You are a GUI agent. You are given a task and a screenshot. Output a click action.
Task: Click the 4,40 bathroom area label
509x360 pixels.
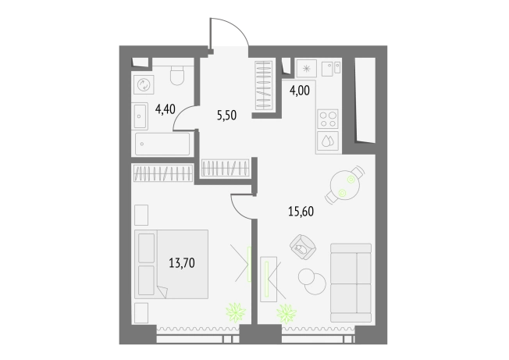click(x=166, y=109)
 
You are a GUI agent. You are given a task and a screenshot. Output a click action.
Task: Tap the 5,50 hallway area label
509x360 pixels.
click(x=226, y=116)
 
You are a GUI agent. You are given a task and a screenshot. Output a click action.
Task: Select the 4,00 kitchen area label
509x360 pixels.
click(x=299, y=91)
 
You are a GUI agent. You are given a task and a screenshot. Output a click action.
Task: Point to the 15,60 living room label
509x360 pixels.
click(x=301, y=212)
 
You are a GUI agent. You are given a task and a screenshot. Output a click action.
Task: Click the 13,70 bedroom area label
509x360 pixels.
click(x=182, y=262)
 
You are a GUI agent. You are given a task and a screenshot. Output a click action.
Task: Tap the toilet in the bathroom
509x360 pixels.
click(x=177, y=75)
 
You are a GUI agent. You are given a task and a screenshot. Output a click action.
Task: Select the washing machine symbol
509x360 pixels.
click(x=144, y=84)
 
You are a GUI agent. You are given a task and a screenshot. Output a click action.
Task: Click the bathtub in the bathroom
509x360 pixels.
click(x=162, y=144)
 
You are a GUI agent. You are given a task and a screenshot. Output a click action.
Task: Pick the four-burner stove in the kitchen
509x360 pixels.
click(x=328, y=119)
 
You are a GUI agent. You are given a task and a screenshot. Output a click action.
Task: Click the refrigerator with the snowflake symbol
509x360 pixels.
click(x=307, y=69)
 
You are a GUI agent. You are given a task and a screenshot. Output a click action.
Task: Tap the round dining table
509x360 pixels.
click(x=345, y=185)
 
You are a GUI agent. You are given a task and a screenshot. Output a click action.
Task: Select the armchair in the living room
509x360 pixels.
click(x=303, y=247)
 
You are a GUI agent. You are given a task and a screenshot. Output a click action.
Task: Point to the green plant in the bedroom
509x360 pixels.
click(x=236, y=312)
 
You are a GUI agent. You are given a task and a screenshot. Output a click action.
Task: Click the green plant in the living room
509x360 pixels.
click(x=287, y=314)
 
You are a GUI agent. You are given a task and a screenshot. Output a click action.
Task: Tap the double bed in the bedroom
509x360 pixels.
click(x=172, y=264)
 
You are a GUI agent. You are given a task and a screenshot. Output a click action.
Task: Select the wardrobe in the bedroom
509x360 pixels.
click(x=163, y=173)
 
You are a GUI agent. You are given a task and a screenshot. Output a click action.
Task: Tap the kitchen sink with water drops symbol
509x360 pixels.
click(x=328, y=141)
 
